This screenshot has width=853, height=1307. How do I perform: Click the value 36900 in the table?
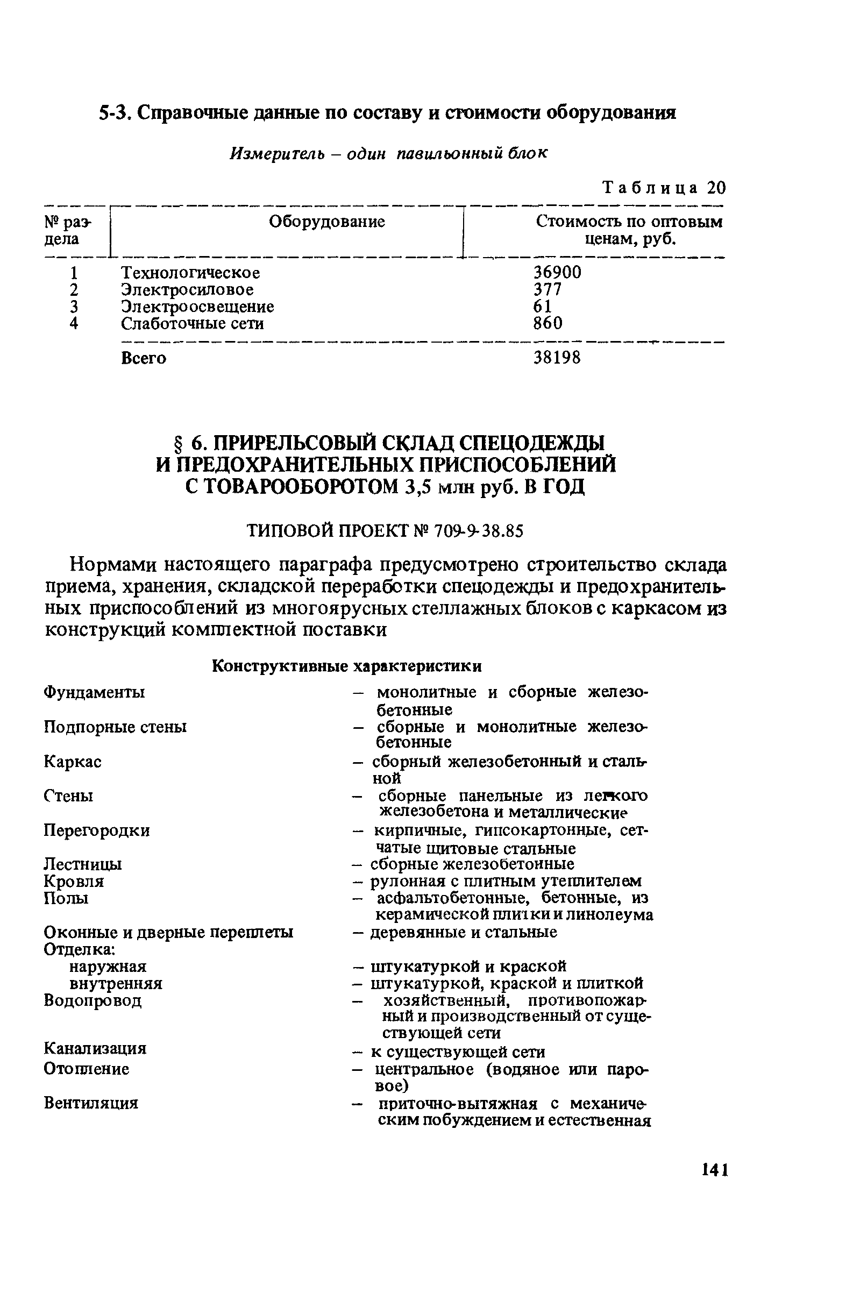click(557, 272)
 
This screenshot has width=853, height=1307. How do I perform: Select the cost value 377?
click(548, 289)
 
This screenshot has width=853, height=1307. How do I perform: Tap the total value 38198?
click(557, 358)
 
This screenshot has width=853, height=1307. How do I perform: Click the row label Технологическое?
click(190, 272)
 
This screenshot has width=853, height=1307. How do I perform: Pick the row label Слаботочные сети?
click(192, 323)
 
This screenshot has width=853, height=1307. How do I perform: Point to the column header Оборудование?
click(327, 222)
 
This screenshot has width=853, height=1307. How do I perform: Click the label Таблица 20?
click(664, 188)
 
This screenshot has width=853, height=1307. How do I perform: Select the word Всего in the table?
click(144, 358)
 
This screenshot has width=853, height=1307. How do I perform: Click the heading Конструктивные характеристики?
click(346, 666)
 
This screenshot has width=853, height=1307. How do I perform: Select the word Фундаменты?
click(94, 692)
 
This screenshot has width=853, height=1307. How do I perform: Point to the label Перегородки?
click(97, 830)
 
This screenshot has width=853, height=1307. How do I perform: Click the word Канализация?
click(95, 1048)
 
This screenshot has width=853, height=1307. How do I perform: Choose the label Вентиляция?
click(91, 1102)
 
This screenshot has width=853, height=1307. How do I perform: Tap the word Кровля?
click(74, 882)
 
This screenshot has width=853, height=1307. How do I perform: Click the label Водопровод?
click(93, 1000)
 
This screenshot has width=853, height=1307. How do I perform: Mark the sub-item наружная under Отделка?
click(108, 966)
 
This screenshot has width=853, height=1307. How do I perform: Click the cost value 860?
click(548, 323)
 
